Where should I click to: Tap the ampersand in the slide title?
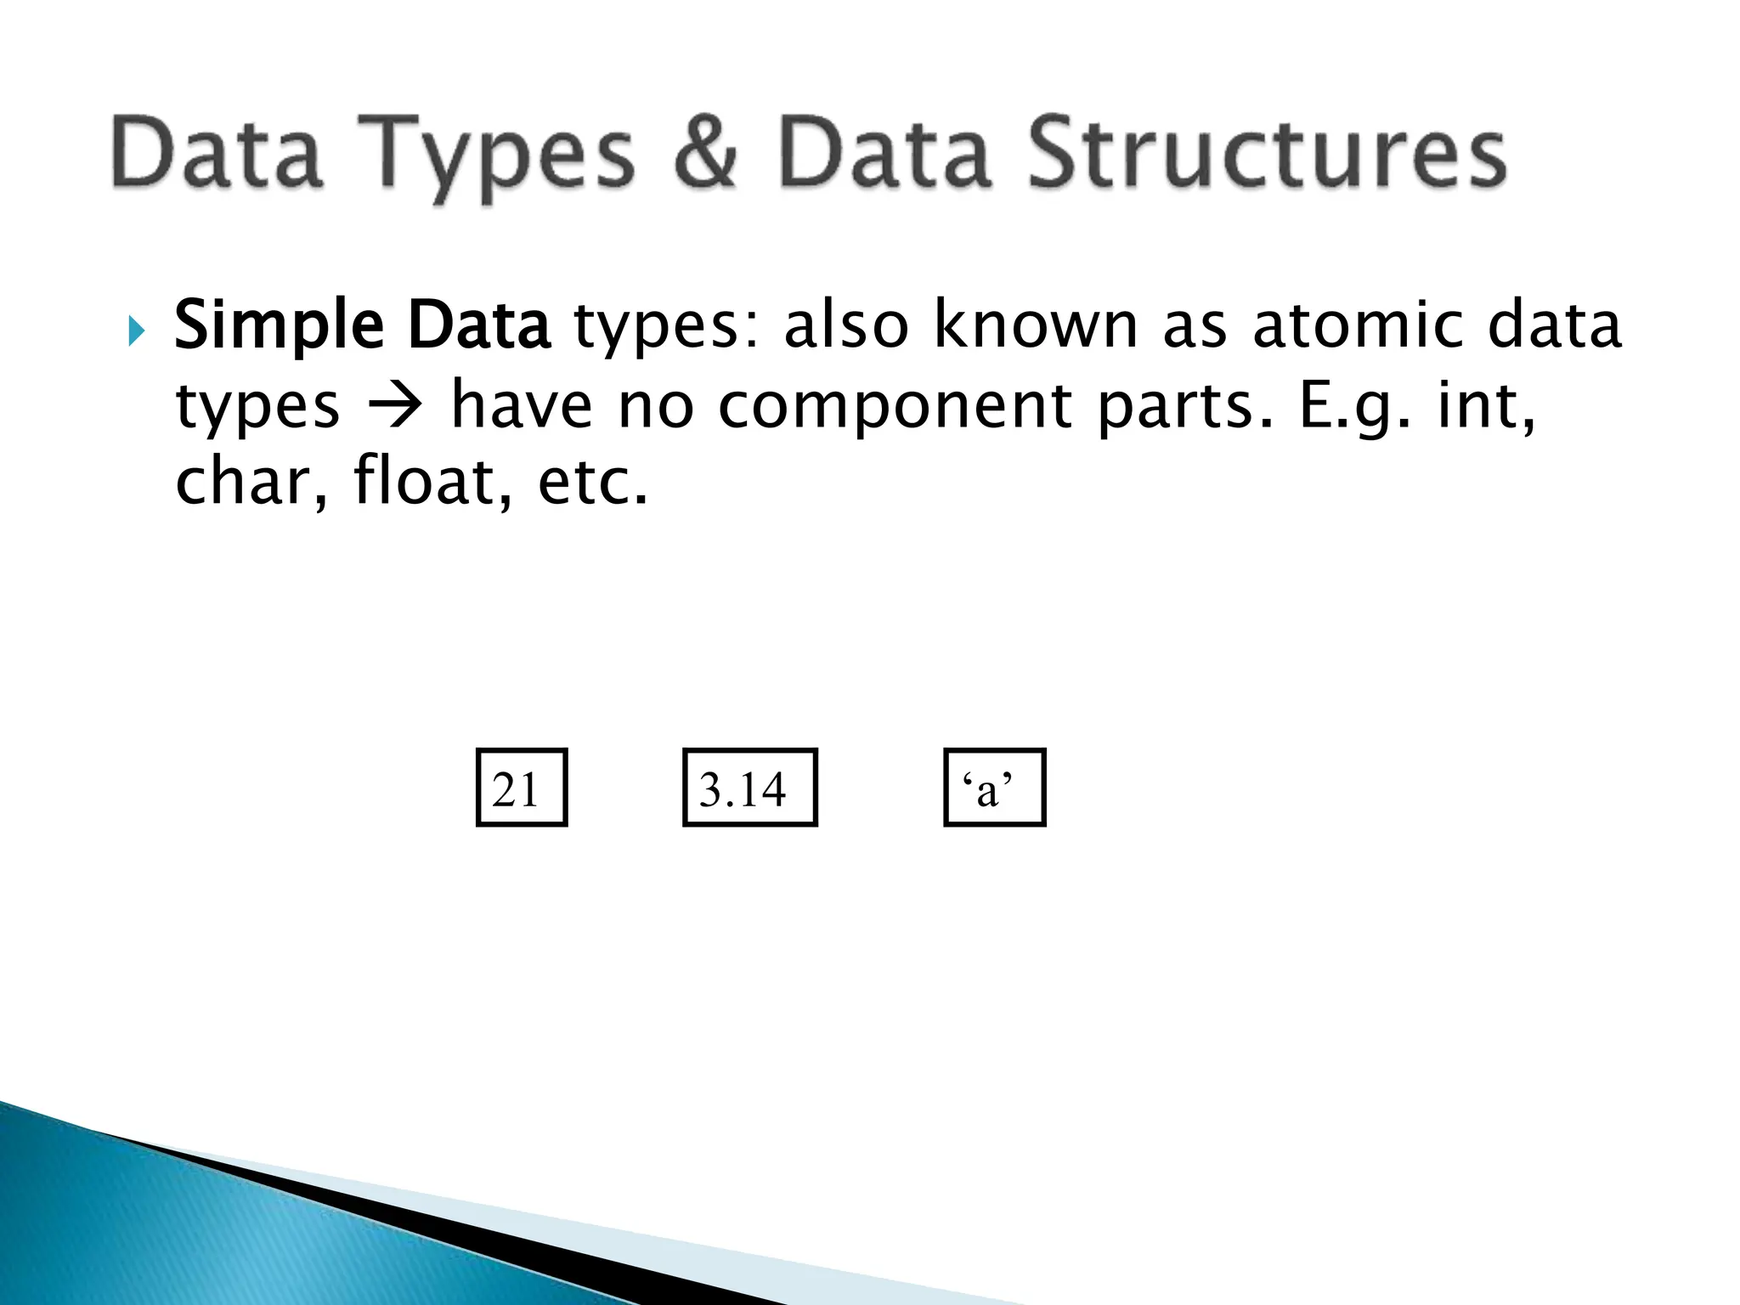[x=704, y=153]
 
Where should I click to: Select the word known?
[x=1035, y=325]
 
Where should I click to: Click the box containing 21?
[x=521, y=788]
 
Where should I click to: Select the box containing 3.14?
[x=749, y=788]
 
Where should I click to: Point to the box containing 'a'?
[x=994, y=788]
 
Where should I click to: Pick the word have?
[x=521, y=405]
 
